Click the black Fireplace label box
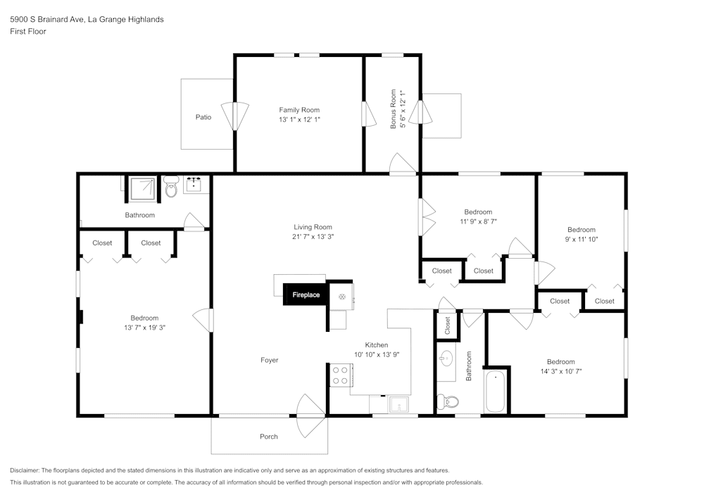[306, 295]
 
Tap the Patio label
[203, 117]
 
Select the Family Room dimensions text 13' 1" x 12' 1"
[299, 120]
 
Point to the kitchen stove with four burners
[341, 375]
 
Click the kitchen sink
[398, 404]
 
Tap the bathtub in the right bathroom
[495, 392]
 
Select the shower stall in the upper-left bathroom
[144, 187]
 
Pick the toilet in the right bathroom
[448, 402]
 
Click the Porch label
[269, 437]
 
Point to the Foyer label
[269, 360]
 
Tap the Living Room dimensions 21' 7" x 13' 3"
[313, 237]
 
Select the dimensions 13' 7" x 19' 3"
[144, 328]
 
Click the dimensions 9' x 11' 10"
[582, 240]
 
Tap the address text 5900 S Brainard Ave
[48, 20]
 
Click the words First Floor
[28, 32]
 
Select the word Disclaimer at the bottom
[25, 470]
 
